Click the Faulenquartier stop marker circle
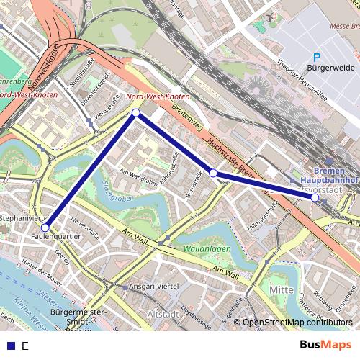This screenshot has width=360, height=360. [x=45, y=228]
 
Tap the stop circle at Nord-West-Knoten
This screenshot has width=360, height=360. [x=136, y=112]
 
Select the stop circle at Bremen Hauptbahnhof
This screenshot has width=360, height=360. [x=315, y=197]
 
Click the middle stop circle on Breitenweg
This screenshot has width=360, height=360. [x=213, y=173]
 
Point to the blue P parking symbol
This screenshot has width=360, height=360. [x=316, y=57]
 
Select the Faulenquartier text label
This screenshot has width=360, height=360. [x=56, y=236]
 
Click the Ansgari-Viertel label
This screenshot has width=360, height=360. [x=153, y=287]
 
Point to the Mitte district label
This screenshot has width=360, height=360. [x=281, y=289]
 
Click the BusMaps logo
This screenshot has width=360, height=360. [x=326, y=345]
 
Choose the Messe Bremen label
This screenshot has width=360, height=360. [x=344, y=26]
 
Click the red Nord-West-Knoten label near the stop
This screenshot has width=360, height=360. [x=157, y=96]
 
